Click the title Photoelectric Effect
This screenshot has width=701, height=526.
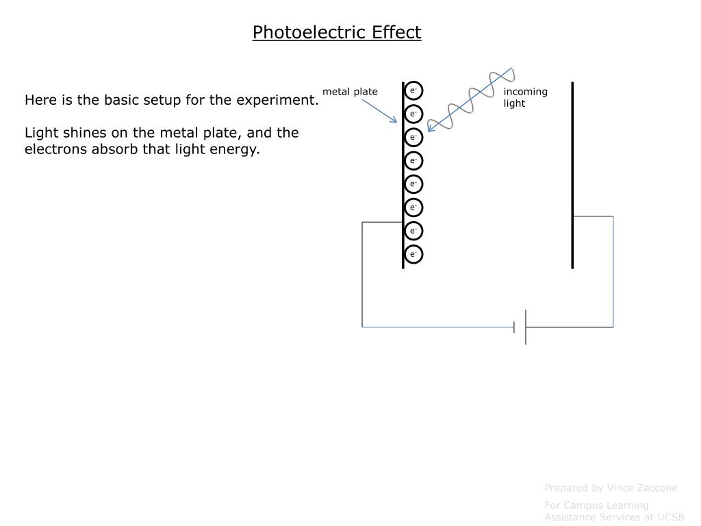[337, 32]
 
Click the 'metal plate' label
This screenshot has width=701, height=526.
[350, 92]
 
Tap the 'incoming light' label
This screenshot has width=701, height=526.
[525, 97]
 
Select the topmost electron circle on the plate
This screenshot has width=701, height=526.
[413, 90]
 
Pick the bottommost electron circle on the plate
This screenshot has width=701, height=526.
[413, 254]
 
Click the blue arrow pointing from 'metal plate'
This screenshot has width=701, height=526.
[379, 110]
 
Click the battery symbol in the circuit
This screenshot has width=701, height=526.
[521, 327]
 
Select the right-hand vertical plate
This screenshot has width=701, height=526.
[572, 175]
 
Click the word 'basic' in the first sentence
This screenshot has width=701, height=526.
[120, 100]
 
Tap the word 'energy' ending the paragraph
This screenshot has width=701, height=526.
[238, 149]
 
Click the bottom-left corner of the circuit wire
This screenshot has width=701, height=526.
[362, 327]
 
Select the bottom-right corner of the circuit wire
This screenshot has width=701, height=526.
[613, 327]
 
